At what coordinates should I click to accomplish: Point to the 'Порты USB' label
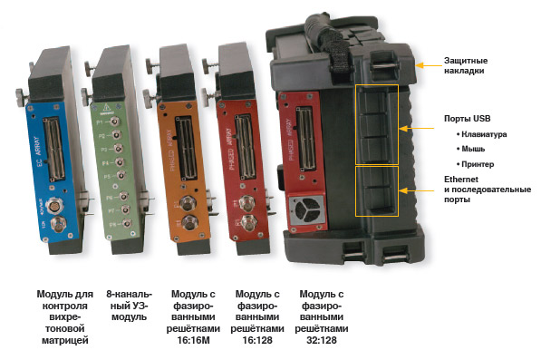467,119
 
